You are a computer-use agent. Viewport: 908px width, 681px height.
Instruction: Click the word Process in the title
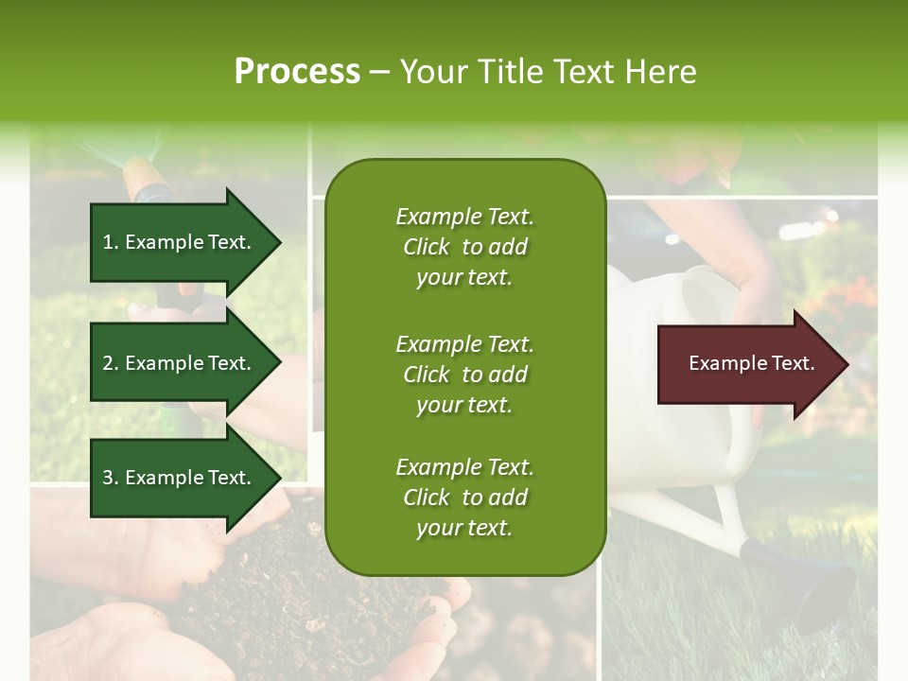297,72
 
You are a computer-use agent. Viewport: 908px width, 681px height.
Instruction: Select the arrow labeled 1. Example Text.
180,242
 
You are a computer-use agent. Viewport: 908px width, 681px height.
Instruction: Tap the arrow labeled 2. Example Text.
180,363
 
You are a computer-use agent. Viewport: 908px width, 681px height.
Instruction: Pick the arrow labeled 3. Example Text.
180,478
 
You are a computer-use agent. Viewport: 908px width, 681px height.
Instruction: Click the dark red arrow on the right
747,364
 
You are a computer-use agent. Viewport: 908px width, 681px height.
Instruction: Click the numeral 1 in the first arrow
108,242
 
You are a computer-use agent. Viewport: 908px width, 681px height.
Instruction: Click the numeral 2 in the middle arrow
108,363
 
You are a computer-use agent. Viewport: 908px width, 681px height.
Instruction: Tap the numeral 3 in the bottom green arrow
108,478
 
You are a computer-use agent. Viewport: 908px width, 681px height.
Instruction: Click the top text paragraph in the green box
464,247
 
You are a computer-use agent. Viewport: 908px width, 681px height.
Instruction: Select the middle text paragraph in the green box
464,375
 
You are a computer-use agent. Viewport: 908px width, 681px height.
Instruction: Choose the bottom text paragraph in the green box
464,498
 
